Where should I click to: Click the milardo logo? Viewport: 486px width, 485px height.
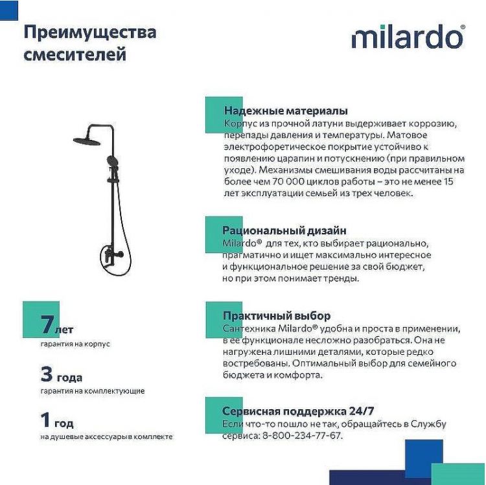(408, 37)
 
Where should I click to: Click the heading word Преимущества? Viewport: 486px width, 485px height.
(89, 32)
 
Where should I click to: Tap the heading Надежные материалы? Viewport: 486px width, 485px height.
(285, 111)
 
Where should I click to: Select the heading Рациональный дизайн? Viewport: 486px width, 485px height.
(284, 230)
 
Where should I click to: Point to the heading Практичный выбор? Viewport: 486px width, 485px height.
(276, 316)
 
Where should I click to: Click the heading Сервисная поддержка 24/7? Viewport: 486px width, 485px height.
(298, 411)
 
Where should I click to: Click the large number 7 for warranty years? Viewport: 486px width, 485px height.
(47, 324)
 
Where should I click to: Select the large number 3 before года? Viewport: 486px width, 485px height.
(46, 374)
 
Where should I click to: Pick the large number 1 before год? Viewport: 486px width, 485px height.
(45, 420)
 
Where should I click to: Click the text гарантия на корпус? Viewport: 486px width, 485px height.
(75, 344)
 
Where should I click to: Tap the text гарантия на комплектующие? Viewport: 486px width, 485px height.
(92, 391)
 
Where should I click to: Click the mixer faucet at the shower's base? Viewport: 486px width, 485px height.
(107, 257)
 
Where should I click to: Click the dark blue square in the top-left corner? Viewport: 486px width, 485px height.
(8, 8)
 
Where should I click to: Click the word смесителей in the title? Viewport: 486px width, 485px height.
(75, 54)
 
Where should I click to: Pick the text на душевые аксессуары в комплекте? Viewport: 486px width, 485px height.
(106, 437)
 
